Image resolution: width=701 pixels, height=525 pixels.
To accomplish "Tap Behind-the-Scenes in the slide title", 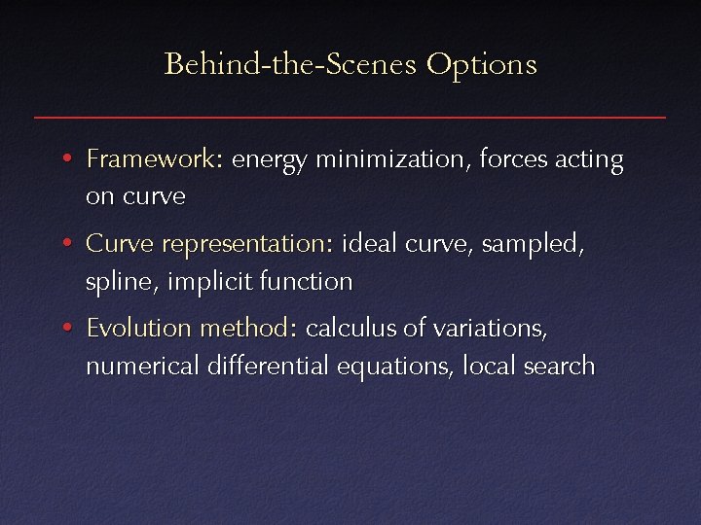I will [x=290, y=65].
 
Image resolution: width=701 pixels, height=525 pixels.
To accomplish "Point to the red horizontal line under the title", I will [x=350, y=118].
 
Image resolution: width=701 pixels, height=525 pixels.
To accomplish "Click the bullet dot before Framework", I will [x=64, y=158].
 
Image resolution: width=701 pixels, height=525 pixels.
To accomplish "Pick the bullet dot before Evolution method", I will [x=64, y=329].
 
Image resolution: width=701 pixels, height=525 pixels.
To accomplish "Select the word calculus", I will [x=350, y=329].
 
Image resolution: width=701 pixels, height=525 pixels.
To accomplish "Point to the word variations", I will [x=490, y=329].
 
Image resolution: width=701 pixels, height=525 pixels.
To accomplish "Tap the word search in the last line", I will [x=560, y=367].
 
